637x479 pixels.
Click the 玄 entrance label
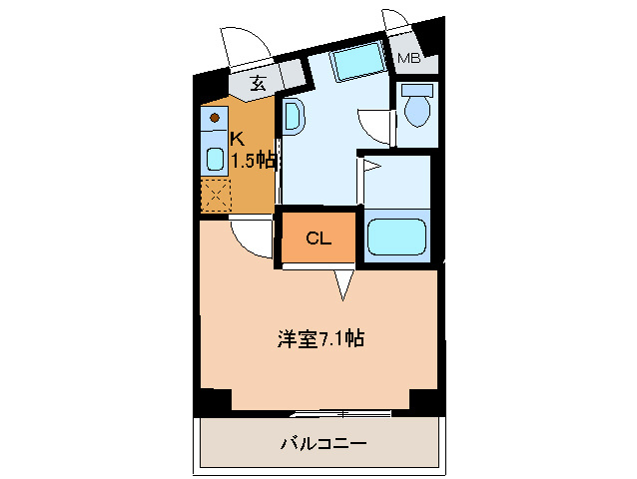(x=258, y=84)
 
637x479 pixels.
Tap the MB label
(x=408, y=59)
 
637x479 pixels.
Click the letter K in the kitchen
(x=237, y=139)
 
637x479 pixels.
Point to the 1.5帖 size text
(x=254, y=160)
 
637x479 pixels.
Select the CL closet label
(x=318, y=239)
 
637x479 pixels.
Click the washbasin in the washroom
(x=293, y=116)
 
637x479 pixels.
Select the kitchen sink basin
(x=215, y=158)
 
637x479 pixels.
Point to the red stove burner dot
(x=214, y=118)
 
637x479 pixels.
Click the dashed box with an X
(x=215, y=195)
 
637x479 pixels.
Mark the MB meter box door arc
(x=396, y=22)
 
